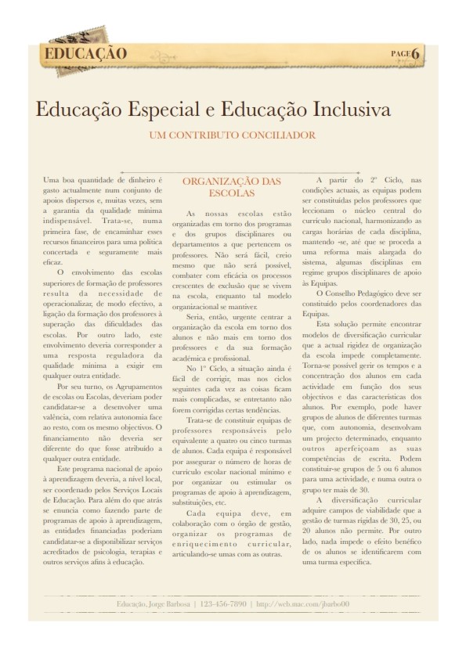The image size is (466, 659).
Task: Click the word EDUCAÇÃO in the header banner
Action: click(x=86, y=54)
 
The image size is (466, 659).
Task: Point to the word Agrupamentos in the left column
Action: click(x=125, y=387)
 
